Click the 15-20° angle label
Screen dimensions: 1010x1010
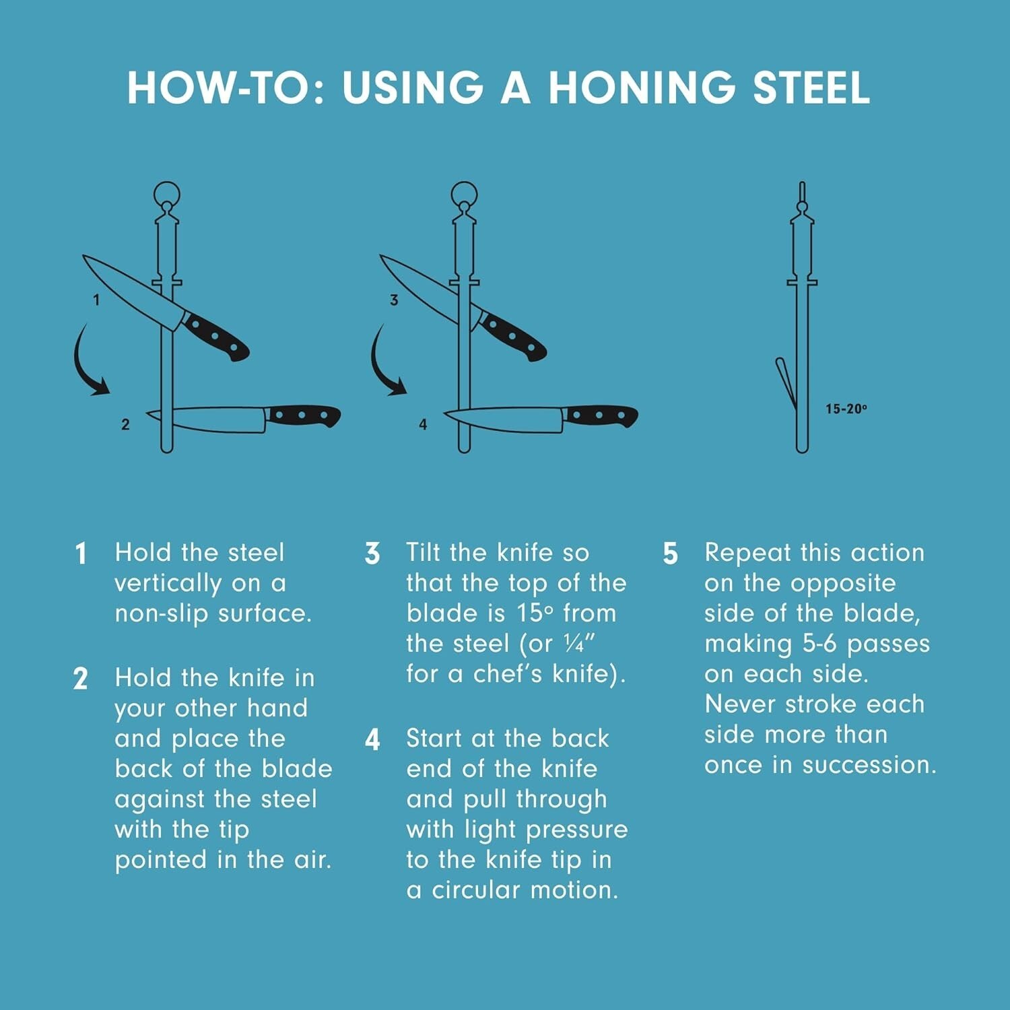click(x=846, y=409)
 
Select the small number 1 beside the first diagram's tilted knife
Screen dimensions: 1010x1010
click(x=96, y=300)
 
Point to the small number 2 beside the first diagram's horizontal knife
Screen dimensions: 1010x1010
click(x=125, y=424)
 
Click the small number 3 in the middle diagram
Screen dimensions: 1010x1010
click(x=394, y=300)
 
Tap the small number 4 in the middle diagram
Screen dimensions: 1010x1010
click(x=423, y=424)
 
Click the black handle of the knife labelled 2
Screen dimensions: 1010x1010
click(x=303, y=415)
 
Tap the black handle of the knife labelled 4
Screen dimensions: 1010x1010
click(x=601, y=415)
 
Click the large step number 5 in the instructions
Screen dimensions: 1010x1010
click(x=670, y=553)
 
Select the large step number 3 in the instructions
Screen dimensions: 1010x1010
click(x=372, y=553)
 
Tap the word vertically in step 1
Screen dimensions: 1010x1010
click(x=168, y=584)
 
